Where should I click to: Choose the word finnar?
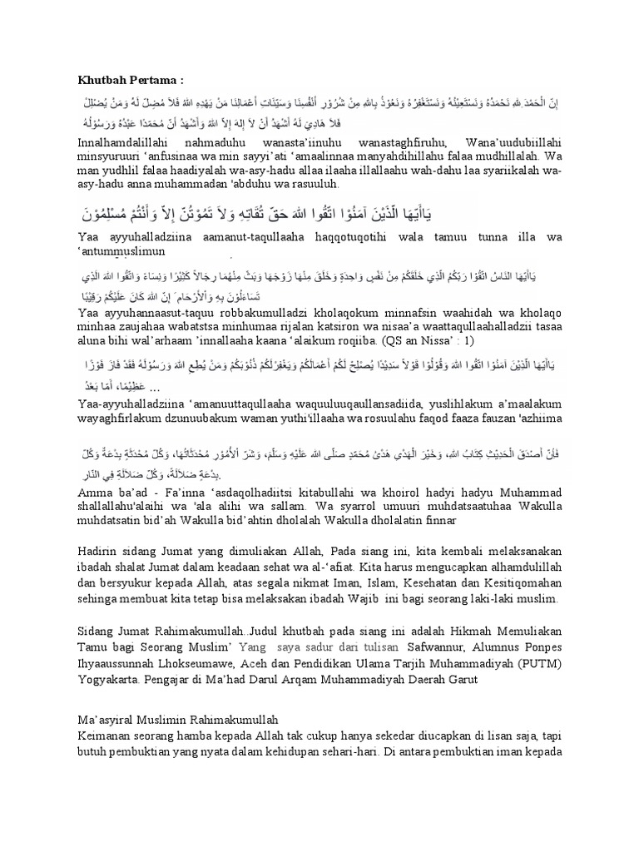(x=436, y=519)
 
